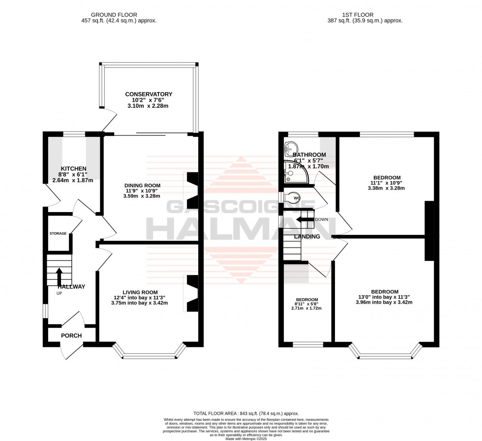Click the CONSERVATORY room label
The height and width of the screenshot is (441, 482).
[x=149, y=94]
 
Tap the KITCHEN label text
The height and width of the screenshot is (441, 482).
[x=74, y=169]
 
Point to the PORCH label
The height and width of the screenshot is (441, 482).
[x=71, y=336]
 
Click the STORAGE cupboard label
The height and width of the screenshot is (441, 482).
[x=58, y=233]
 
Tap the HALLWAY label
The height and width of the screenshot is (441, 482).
[x=71, y=287]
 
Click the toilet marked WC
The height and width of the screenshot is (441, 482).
[x=291, y=198]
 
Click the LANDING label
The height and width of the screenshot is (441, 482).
[x=307, y=237]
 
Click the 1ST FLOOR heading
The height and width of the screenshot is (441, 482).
[x=365, y=15]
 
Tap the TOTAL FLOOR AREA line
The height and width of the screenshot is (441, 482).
[x=241, y=413]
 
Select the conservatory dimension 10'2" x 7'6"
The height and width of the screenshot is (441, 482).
[x=149, y=101]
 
